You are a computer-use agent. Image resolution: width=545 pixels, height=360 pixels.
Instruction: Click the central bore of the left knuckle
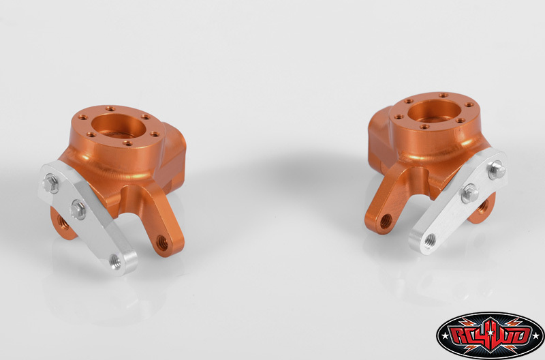click(x=119, y=125)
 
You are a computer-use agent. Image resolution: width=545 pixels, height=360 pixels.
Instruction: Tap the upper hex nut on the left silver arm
click(x=51, y=183)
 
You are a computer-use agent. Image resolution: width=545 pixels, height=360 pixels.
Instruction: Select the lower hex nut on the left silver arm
click(x=78, y=209)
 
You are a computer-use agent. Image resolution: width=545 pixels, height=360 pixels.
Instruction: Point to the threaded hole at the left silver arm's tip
click(x=114, y=260)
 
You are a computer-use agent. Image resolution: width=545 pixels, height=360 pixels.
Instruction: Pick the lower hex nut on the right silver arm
click(x=470, y=194)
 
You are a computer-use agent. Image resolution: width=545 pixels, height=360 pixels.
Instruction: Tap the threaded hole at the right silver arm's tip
click(x=430, y=239)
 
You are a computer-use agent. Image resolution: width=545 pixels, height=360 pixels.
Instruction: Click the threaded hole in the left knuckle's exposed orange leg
click(x=161, y=242)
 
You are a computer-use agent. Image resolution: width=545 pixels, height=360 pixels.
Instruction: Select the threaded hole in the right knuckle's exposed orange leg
click(x=386, y=222)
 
